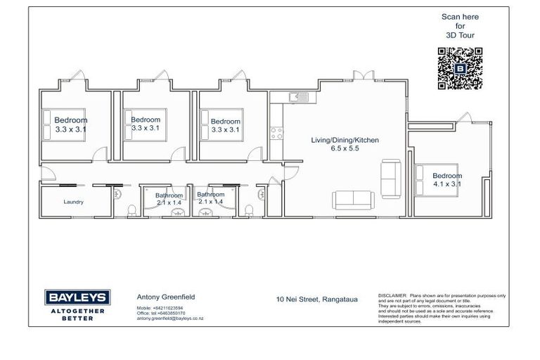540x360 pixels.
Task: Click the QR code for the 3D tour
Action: tap(461, 68)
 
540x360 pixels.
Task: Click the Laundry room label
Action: tap(73, 202)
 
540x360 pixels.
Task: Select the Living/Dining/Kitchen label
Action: tap(345, 141)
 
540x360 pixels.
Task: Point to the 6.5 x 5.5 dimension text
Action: tap(345, 149)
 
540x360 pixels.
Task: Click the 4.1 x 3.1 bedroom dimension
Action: tap(446, 184)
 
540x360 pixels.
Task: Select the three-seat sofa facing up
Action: tap(353, 200)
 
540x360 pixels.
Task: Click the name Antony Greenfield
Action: tap(165, 297)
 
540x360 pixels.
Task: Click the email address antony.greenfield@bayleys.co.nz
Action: tap(169, 319)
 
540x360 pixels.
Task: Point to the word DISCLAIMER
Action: tap(392, 295)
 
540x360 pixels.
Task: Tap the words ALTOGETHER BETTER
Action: tap(77, 314)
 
